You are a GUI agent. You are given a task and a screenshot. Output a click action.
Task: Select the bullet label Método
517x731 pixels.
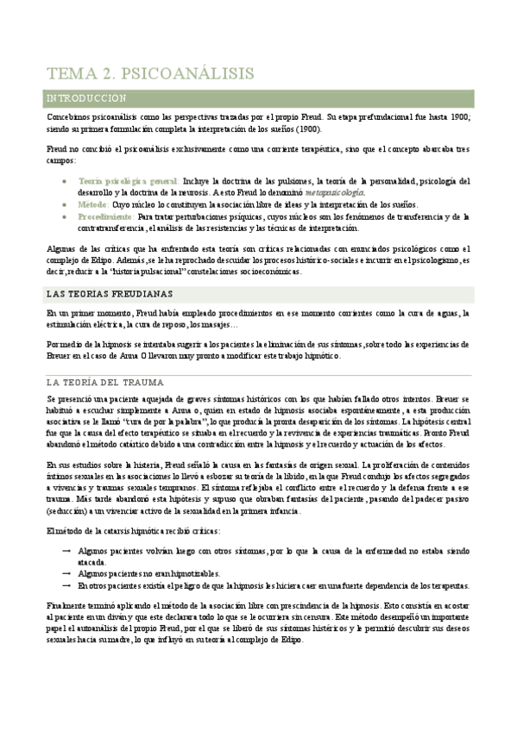(93, 204)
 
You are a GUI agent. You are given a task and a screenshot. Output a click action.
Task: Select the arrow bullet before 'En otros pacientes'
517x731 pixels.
(67, 584)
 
